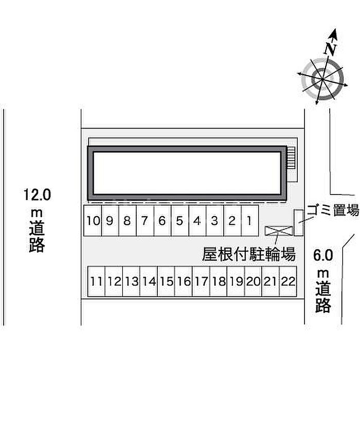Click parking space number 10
coord(93,221)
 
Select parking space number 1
coord(250,221)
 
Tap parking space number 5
coord(179,221)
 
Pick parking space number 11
coord(97,281)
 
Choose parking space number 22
coord(288,281)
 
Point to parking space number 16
coord(184,281)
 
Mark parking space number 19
coord(236,281)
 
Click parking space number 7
coord(145,221)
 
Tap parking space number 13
coord(131,281)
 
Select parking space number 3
coord(215,221)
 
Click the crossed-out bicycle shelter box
coord(279,231)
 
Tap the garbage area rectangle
coord(299,222)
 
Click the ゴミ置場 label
coord(333,209)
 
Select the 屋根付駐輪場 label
coord(249,254)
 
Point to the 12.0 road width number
coord(37,195)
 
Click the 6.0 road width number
coord(323,255)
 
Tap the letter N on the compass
coord(330,49)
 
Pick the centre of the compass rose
coord(322,79)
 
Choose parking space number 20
coord(253,281)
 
